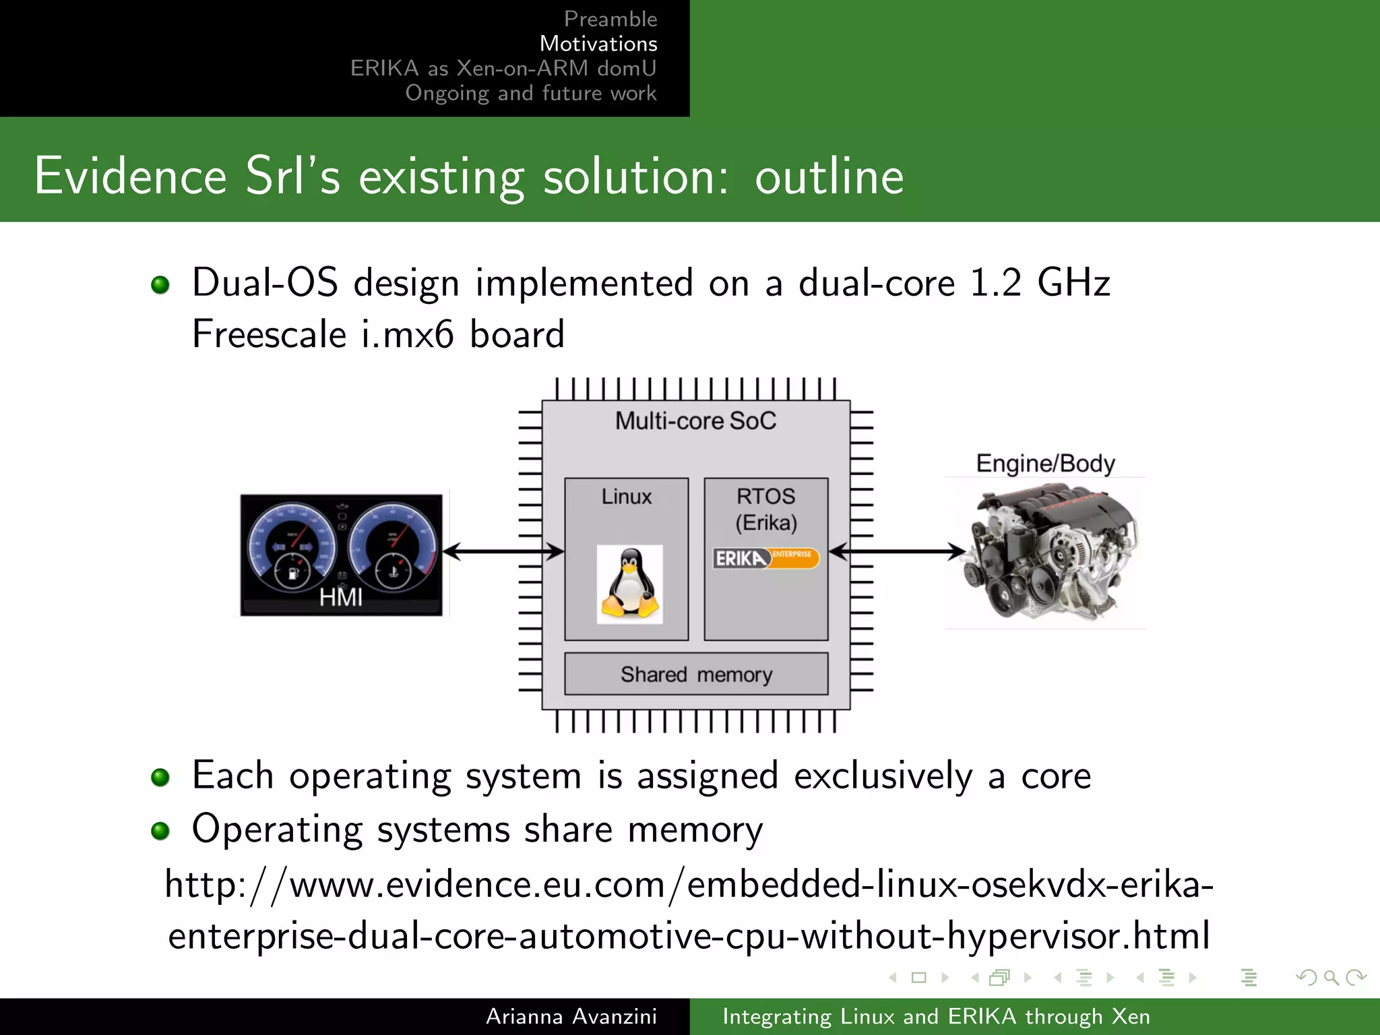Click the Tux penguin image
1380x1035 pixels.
(x=629, y=584)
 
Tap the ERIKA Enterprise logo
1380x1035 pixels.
(x=766, y=558)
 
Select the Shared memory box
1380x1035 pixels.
(x=696, y=674)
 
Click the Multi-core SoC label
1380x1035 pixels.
(x=695, y=421)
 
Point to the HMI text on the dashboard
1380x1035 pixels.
(x=341, y=597)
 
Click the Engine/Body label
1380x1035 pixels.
(x=1045, y=464)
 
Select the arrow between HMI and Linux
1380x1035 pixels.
(x=503, y=551)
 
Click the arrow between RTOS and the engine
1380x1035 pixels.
(x=898, y=551)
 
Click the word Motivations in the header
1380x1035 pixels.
(x=598, y=44)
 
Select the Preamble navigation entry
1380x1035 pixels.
(x=610, y=19)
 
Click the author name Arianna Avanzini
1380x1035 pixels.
(x=571, y=1016)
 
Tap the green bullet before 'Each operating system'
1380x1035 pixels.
(x=160, y=778)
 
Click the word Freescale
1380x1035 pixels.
(x=269, y=334)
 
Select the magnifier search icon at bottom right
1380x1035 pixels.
(x=1331, y=977)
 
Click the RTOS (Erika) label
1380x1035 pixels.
(x=766, y=509)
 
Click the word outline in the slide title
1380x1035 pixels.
(x=829, y=177)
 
